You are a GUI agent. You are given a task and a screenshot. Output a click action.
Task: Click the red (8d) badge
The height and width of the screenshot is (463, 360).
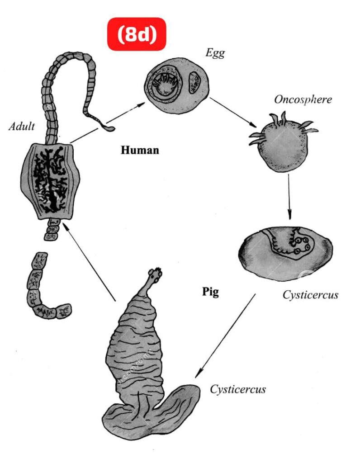137,34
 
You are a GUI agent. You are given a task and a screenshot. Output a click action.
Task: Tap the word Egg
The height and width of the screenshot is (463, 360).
215,53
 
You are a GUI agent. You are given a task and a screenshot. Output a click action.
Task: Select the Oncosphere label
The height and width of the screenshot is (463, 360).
303,99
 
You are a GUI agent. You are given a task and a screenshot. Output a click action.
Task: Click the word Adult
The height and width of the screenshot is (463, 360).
21,126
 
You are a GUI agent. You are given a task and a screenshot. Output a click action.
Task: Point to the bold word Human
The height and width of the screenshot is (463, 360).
140,150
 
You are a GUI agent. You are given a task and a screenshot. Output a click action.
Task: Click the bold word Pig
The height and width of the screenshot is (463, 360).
210,292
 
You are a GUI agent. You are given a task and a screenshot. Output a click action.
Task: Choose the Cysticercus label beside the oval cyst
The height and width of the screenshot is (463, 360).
310,295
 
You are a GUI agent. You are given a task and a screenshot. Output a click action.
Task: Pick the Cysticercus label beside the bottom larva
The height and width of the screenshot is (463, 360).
237,389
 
